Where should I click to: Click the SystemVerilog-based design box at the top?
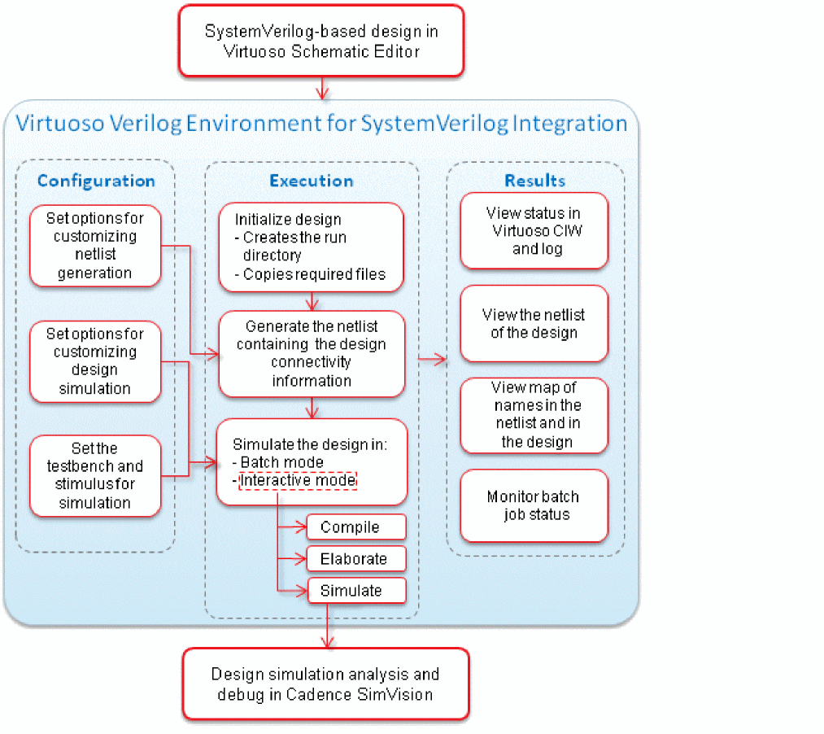pos(322,41)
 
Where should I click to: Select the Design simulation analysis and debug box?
pos(325,684)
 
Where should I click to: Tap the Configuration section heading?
pos(96,181)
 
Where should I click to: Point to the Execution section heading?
pos(312,181)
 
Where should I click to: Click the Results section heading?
pos(535,181)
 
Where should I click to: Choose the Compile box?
pos(355,527)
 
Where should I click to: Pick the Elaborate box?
pos(355,559)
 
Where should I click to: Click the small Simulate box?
pos(355,591)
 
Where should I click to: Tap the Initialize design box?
pos(312,247)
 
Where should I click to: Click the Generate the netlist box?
pos(312,354)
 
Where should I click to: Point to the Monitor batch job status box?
pos(534,505)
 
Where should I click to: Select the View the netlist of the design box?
pos(534,323)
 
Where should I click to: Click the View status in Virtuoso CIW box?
pos(534,230)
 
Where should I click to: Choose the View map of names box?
pos(534,415)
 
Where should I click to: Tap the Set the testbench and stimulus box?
pos(95,475)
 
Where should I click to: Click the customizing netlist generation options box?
pos(95,246)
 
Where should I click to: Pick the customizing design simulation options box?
pos(95,361)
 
